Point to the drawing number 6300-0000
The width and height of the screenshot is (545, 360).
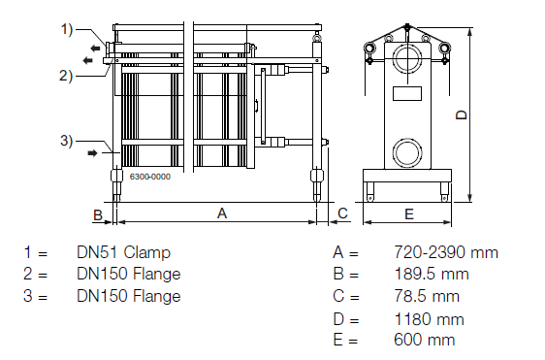click(150, 177)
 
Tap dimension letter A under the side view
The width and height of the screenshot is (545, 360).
click(221, 212)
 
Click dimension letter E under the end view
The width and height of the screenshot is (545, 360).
click(408, 212)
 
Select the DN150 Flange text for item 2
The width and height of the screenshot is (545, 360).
click(128, 275)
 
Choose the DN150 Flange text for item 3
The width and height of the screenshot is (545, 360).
click(128, 296)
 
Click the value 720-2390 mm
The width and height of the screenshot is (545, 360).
click(446, 253)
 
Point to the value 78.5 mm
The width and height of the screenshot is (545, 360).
click(427, 296)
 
